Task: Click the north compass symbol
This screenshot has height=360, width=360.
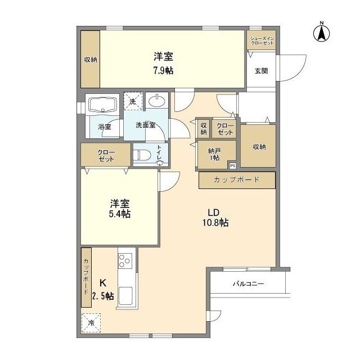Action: (x=322, y=33)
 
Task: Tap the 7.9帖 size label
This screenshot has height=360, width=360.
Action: (x=163, y=71)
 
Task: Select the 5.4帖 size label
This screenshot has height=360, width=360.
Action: (x=120, y=214)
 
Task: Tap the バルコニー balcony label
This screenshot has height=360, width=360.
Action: (x=248, y=284)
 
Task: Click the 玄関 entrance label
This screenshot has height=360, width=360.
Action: (x=260, y=71)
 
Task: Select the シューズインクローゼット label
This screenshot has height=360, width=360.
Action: (x=262, y=40)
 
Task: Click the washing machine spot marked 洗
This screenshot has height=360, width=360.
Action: (x=133, y=102)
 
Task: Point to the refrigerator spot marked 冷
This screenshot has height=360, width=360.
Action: (x=91, y=323)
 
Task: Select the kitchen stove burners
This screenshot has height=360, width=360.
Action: (x=124, y=262)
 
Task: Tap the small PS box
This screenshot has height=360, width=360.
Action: (x=232, y=165)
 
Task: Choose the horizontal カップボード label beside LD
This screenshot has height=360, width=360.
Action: (x=236, y=180)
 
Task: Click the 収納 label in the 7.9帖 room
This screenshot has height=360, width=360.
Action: (x=90, y=60)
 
